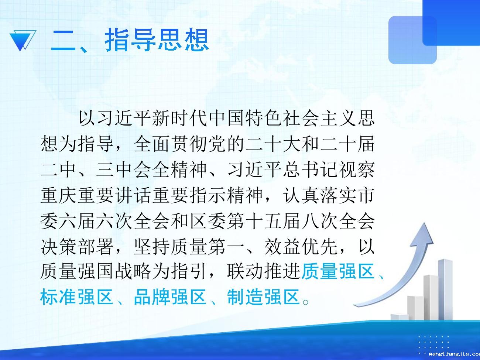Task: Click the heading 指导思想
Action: pyautogui.click(x=157, y=40)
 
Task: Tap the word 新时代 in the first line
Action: pyautogui.click(x=179, y=118)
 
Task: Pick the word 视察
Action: pyautogui.click(x=356, y=169)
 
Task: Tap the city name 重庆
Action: pyautogui.click(x=58, y=195)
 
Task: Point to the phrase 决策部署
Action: pyautogui.click(x=77, y=247)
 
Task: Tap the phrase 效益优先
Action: pyautogui.click(x=301, y=247)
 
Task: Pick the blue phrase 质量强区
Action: pyautogui.click(x=338, y=272)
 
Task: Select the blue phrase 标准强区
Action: pyautogui.click(x=76, y=297)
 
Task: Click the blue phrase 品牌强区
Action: pyautogui.click(x=170, y=297)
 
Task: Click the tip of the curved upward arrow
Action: pyautogui.click(x=425, y=223)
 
